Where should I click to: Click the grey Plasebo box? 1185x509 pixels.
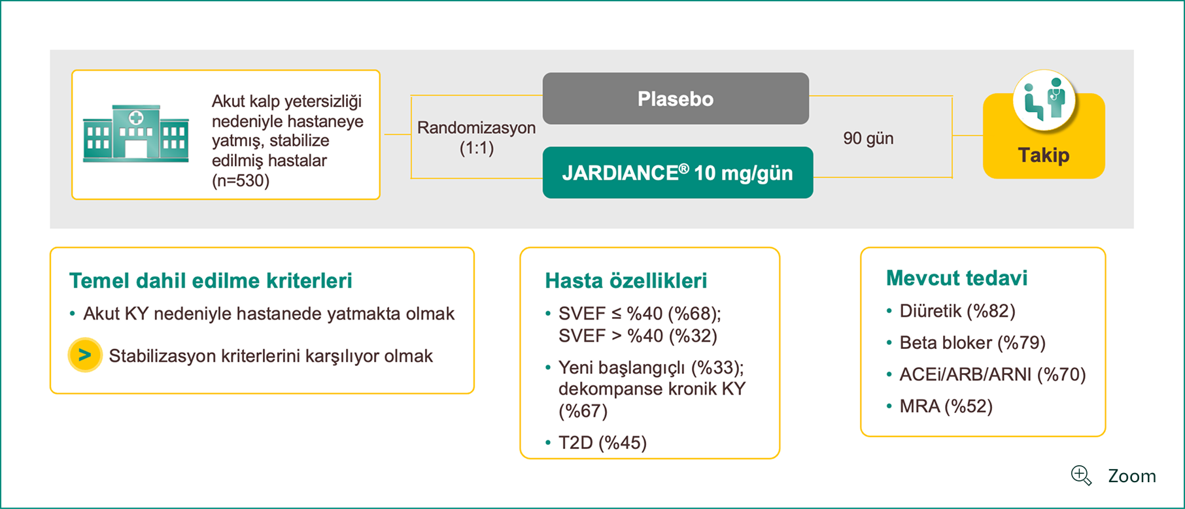click(676, 99)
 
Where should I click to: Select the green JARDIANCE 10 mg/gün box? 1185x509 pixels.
click(678, 172)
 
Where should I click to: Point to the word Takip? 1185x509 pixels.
click(1044, 156)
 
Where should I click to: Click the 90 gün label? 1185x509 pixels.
click(868, 139)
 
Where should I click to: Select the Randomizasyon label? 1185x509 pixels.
click(476, 127)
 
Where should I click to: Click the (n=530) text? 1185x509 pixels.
click(241, 180)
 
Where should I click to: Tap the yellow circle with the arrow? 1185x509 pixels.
click(85, 355)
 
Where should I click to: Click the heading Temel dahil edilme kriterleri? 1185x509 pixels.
click(211, 281)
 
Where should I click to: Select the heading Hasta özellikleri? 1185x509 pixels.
click(626, 281)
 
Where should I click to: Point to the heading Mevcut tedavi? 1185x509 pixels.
click(957, 278)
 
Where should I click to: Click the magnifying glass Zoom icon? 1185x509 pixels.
click(1081, 476)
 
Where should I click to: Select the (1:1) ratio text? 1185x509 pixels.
click(477, 148)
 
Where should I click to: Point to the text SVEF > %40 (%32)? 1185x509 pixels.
click(638, 336)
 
